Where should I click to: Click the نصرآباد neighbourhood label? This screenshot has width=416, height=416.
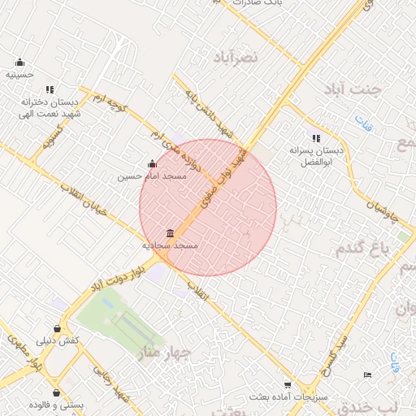(235, 57)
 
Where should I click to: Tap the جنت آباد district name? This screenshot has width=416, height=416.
(350, 89)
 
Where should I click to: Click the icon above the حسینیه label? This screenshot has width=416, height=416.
(19, 63)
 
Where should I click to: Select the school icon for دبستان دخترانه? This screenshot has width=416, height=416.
(50, 90)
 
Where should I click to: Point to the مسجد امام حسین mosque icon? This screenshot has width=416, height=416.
(152, 163)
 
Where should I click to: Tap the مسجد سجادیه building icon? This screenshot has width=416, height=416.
(170, 233)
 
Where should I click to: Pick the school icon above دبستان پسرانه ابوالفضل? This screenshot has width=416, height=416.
(315, 139)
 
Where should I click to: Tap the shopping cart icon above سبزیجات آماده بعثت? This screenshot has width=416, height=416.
(287, 385)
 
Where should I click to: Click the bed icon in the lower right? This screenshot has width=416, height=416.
(367, 375)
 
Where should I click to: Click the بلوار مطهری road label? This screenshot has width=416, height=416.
(24, 350)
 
